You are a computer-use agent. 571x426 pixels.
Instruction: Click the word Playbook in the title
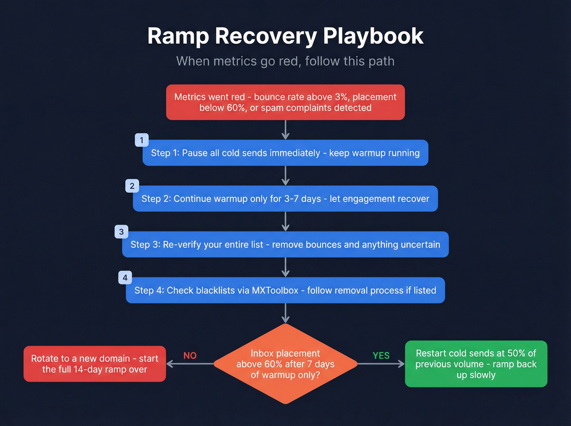pyautogui.click(x=373, y=36)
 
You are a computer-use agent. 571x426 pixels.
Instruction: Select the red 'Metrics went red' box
pyautogui.click(x=285, y=102)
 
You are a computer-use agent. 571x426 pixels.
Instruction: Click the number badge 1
pyautogui.click(x=142, y=140)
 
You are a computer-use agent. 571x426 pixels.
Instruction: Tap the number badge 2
pyautogui.click(x=132, y=186)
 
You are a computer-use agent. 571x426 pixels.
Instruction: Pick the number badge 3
pyautogui.click(x=121, y=232)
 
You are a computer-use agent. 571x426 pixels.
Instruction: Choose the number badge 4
pyautogui.click(x=125, y=278)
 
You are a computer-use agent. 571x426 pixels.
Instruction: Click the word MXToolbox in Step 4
pyautogui.click(x=275, y=290)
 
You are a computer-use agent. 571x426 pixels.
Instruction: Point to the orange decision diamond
pyautogui.click(x=285, y=364)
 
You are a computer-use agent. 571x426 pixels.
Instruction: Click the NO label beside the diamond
pyautogui.click(x=190, y=355)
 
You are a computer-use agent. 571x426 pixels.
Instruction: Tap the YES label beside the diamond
pyautogui.click(x=381, y=355)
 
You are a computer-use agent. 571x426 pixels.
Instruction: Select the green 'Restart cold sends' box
pyautogui.click(x=476, y=364)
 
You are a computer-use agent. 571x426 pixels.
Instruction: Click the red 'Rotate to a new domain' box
pyautogui.click(x=95, y=364)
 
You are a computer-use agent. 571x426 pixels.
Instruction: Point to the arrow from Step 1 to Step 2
pyautogui.click(x=285, y=176)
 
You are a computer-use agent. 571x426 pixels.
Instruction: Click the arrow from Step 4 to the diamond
pyautogui.click(x=285, y=313)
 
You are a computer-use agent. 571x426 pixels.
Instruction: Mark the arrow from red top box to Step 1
pyautogui.click(x=285, y=130)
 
